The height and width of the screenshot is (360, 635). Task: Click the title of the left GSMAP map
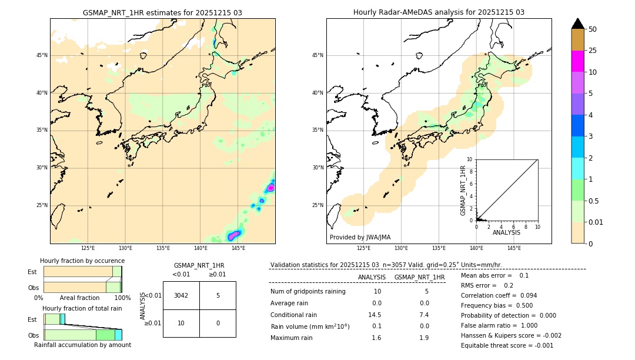point(162,12)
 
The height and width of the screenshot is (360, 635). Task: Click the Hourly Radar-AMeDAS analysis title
point(439,12)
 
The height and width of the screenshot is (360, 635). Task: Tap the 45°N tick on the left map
point(42,55)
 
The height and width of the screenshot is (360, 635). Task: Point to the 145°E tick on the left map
point(238,248)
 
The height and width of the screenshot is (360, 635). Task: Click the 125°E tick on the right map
point(364,248)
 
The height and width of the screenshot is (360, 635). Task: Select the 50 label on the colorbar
point(593,29)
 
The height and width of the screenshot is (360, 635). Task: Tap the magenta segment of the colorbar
point(577,61)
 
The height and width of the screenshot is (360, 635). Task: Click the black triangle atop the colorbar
point(577,24)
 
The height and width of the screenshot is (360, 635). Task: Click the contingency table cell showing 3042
point(181,295)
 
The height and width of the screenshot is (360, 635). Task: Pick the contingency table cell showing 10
point(181,323)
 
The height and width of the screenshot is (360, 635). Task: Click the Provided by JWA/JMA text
point(360,237)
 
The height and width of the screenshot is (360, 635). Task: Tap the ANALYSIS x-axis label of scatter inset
point(506,232)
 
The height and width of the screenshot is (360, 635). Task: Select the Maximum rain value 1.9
point(424,338)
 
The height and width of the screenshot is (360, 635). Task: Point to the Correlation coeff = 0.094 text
point(499,295)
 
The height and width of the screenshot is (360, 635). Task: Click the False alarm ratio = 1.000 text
point(499,325)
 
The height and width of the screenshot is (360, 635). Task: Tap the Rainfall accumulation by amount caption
point(82,345)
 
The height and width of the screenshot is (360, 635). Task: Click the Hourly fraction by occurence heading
point(82,261)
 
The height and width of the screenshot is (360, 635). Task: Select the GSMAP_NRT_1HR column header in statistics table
point(419,277)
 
